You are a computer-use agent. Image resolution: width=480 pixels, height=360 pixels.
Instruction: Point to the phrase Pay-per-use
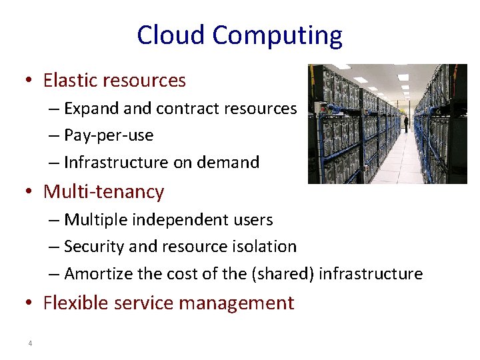pos(109,136)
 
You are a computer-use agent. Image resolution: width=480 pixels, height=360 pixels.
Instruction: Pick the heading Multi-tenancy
pos(103,192)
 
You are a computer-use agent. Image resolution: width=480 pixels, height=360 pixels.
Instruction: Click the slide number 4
pos(30,343)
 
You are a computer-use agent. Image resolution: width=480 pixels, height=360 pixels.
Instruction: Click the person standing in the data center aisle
pos(405,123)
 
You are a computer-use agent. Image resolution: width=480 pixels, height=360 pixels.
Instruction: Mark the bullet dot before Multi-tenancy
pos(30,193)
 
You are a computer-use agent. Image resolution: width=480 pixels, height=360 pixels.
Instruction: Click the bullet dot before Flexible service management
pos(30,304)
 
